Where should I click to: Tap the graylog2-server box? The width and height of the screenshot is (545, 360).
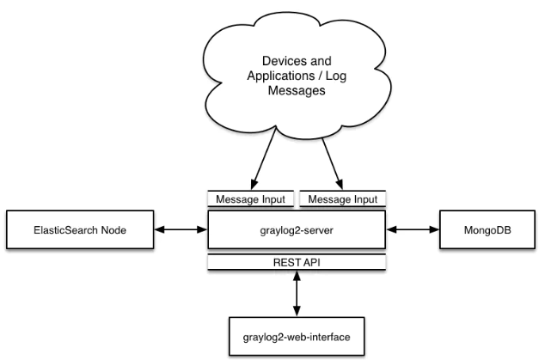296,231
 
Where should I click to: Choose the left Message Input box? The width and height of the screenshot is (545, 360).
251,199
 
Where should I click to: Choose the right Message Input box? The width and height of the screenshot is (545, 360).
341,199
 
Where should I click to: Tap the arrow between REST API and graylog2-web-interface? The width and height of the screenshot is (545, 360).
297,293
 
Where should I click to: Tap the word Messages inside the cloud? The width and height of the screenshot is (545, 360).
295,92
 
